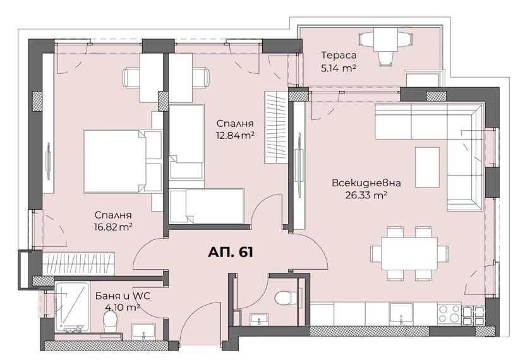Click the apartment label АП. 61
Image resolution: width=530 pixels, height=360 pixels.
231,253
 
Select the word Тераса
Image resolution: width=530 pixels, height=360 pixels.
338,55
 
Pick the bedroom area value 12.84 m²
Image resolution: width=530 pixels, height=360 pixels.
235,135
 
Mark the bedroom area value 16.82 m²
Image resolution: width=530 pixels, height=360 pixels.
114,225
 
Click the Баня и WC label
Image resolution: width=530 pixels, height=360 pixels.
123,296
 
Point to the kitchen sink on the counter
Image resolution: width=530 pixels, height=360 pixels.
402,312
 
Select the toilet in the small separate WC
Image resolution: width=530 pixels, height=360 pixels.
284,295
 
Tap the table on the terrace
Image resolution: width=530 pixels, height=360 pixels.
385,41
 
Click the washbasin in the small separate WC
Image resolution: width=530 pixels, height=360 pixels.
257,321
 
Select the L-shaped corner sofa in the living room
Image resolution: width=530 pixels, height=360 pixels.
442,139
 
